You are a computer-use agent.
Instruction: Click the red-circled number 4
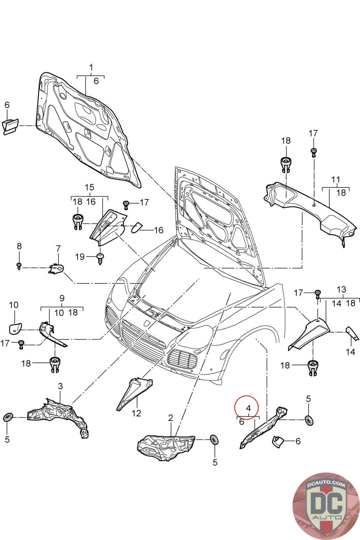click(248, 408)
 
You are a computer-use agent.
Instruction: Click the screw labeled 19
click(100, 259)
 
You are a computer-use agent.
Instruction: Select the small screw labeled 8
click(19, 266)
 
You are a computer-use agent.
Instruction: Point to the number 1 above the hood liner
click(91, 67)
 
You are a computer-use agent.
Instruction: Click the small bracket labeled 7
click(56, 269)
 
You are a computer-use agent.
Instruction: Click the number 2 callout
click(171, 418)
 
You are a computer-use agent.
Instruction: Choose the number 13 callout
click(341, 289)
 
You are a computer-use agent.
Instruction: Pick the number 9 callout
click(62, 298)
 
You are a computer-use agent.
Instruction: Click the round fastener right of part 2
click(214, 440)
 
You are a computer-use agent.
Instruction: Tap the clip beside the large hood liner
click(11, 126)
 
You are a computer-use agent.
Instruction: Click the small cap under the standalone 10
click(15, 329)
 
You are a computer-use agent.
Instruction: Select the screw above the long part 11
click(313, 153)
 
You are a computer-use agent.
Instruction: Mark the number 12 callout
click(136, 413)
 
